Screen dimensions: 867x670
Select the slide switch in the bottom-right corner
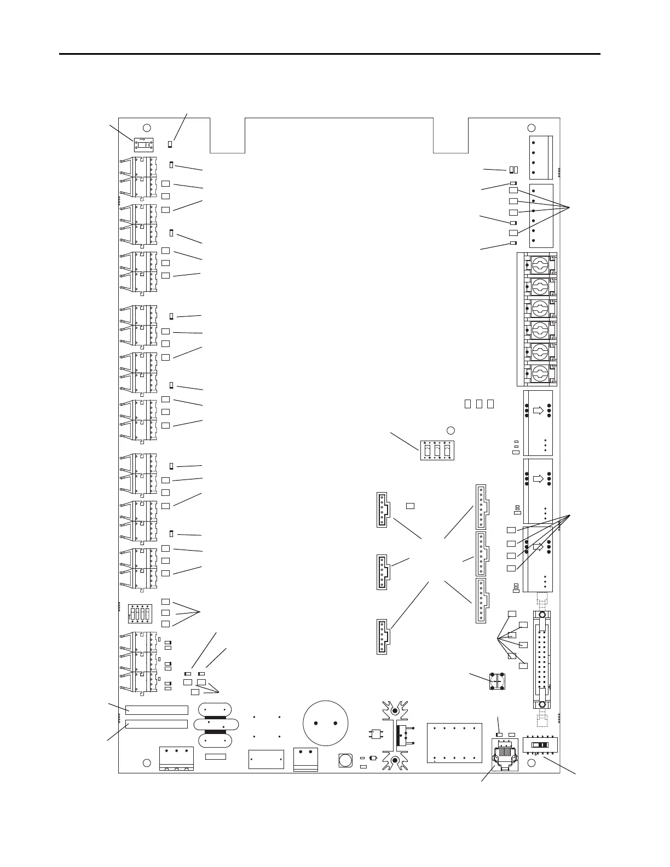point(540,745)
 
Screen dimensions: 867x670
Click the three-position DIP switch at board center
point(437,450)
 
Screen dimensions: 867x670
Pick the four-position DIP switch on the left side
point(139,614)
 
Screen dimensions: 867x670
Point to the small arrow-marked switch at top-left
point(141,144)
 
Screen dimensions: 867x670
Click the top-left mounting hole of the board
point(147,128)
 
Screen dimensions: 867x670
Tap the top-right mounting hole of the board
point(531,128)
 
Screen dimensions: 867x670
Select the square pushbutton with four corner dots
point(497,680)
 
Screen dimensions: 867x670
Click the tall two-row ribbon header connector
point(541,659)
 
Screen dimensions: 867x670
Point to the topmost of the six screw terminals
point(536,265)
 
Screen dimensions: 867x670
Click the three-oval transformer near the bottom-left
point(216,725)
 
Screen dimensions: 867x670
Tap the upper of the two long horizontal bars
point(157,710)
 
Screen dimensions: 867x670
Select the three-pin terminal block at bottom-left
point(176,758)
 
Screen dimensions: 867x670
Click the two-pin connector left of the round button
point(306,758)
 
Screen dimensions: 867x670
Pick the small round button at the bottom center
point(345,760)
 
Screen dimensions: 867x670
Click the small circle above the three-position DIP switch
point(451,430)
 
